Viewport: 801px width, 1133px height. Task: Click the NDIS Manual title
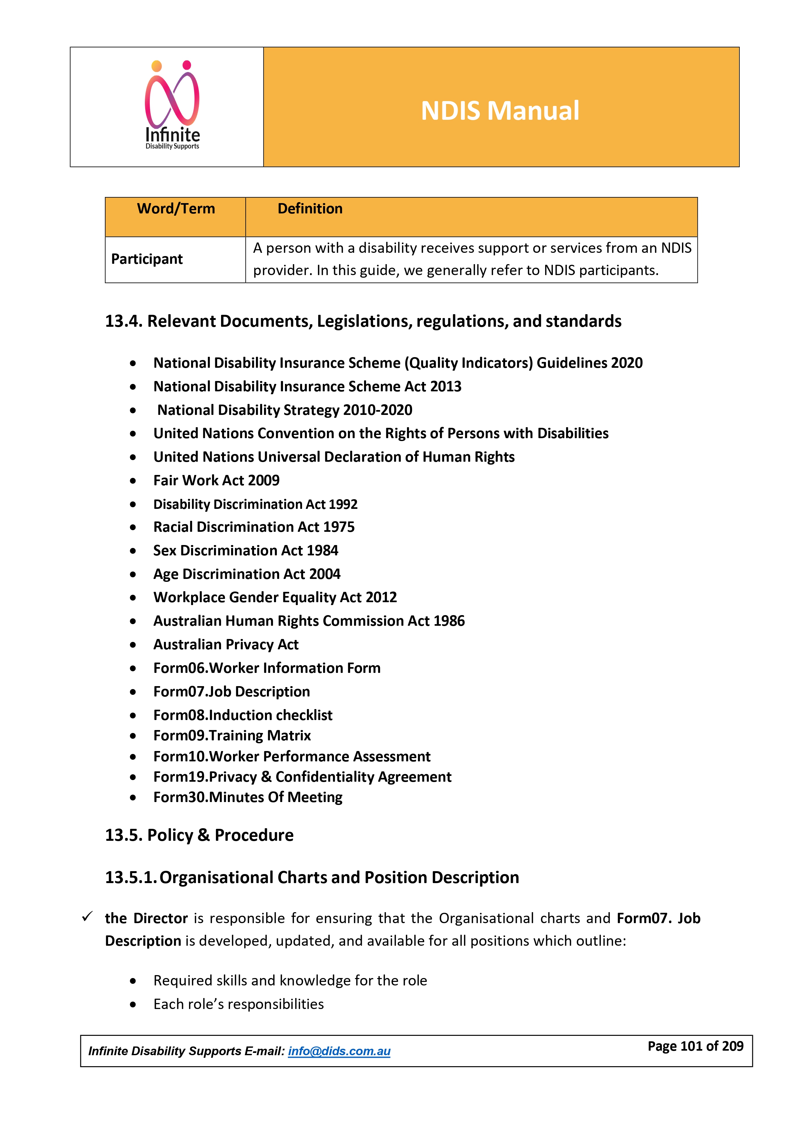pos(500,110)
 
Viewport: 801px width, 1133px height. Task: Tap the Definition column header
pos(310,209)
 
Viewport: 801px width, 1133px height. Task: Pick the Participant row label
pos(147,259)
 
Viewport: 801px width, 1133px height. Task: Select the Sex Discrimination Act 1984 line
pos(246,550)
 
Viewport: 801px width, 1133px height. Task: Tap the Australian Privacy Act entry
pos(226,644)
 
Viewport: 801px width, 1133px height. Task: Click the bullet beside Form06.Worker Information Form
pos(133,669)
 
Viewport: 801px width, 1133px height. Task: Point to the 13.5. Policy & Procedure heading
pos(199,835)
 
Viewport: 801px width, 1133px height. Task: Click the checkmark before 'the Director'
pos(87,917)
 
